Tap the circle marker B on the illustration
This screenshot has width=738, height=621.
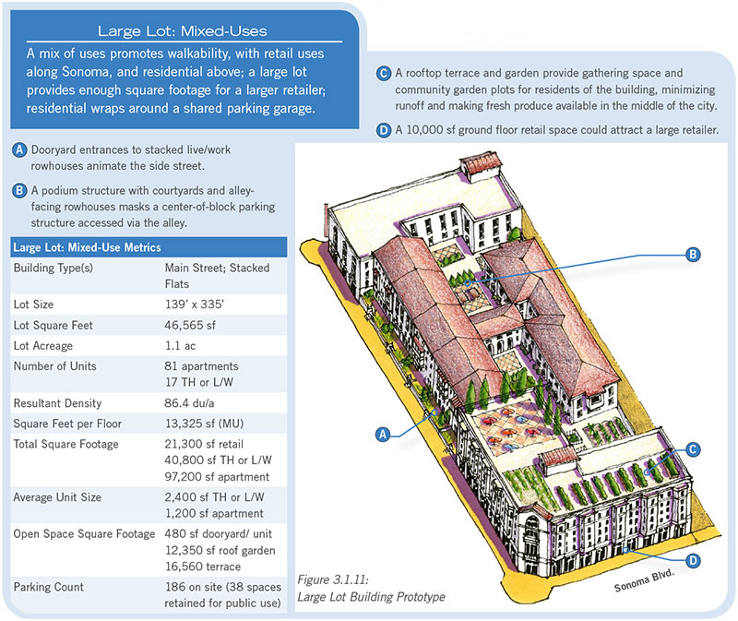click(x=695, y=254)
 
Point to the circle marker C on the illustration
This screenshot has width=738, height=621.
click(x=695, y=449)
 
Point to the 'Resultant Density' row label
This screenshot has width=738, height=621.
click(x=57, y=404)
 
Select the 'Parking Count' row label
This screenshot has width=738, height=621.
click(x=49, y=587)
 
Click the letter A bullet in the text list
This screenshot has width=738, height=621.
click(x=19, y=149)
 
